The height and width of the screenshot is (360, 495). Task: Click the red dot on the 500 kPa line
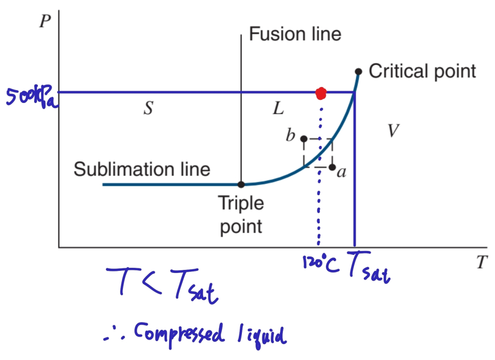(321, 93)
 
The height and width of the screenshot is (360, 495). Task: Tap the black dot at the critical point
(358, 72)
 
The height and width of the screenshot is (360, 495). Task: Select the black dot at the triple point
(241, 184)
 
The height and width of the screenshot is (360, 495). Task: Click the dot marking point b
(304, 139)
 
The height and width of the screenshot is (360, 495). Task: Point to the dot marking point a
(332, 167)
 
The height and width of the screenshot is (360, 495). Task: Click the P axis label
(45, 24)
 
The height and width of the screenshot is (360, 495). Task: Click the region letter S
(148, 109)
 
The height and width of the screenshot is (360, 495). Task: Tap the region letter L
(278, 108)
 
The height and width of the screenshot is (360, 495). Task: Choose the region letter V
(393, 131)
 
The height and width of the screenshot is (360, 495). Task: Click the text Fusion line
(295, 34)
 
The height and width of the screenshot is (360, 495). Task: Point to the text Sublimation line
(142, 169)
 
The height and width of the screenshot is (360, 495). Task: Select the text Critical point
(422, 71)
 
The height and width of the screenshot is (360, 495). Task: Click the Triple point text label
(241, 215)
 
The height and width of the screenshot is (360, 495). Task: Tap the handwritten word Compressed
(179, 334)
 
